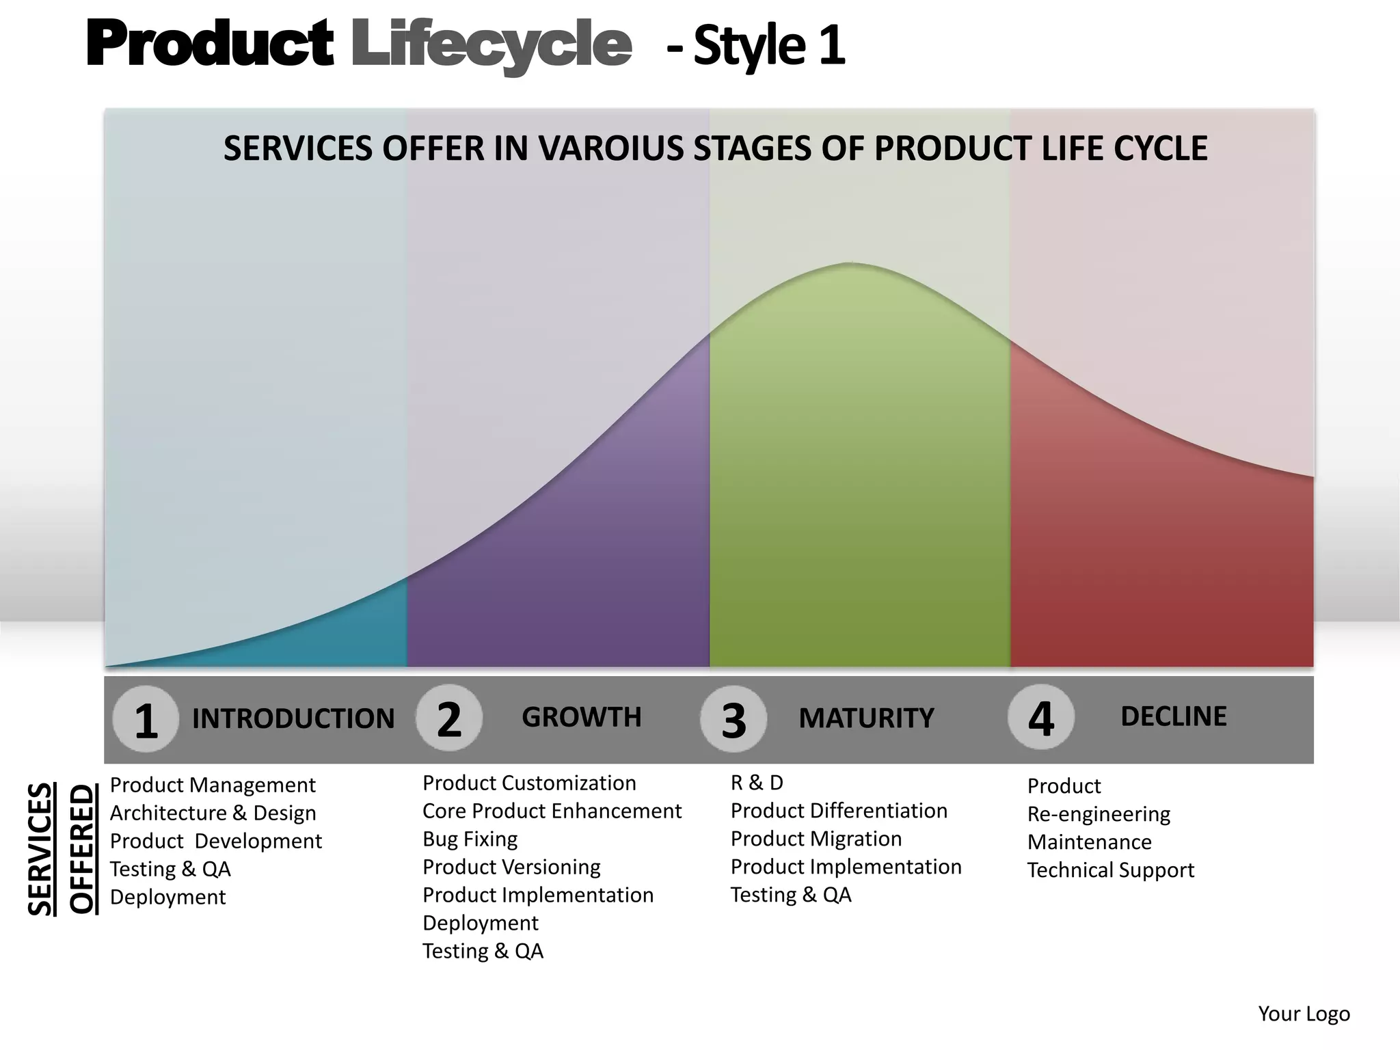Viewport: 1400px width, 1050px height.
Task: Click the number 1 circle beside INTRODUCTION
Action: pos(146,720)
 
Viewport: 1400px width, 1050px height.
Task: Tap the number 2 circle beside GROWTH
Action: pos(449,718)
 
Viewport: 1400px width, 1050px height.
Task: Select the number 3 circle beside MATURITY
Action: pos(733,720)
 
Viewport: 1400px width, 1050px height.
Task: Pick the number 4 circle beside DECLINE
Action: pos(1040,718)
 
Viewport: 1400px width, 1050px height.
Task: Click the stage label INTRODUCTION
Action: pos(293,718)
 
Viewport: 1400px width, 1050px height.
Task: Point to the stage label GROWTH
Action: pos(582,717)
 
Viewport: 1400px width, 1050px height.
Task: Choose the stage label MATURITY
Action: pos(866,718)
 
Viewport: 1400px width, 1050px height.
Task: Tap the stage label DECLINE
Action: pos(1173,716)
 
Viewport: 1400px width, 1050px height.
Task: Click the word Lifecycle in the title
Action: pos(491,44)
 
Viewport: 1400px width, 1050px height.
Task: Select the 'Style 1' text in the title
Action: pos(769,46)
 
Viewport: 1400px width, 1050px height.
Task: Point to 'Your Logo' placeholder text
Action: pos(1304,1014)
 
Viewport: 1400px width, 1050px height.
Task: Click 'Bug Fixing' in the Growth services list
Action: pos(470,839)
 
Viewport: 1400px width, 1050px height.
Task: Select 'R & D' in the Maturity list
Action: pos(757,782)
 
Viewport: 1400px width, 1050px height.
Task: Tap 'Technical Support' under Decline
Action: pos(1110,870)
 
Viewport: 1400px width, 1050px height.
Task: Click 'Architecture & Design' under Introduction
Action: pos(213,813)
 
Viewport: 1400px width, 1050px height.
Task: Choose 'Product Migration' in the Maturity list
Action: pos(816,839)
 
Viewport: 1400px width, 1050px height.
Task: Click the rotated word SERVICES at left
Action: pos(41,848)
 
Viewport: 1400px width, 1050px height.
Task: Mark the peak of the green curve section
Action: pos(850,264)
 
